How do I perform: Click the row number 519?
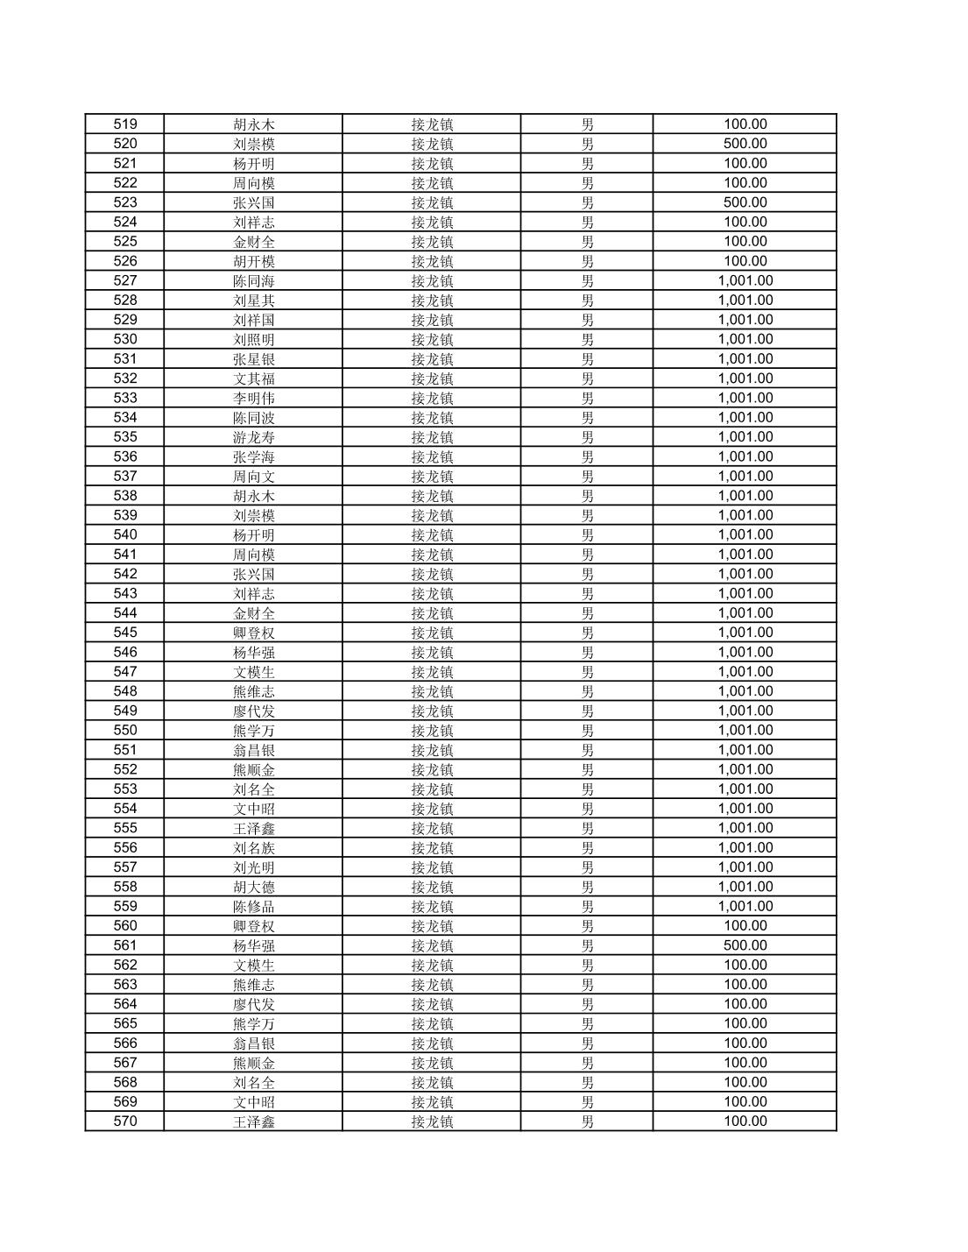tap(125, 124)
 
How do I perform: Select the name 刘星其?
tap(254, 301)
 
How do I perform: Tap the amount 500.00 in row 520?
tap(745, 144)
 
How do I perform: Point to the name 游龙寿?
tap(254, 437)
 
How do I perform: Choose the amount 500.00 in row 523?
tap(745, 202)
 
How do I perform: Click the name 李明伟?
tap(254, 398)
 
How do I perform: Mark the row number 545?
tap(125, 633)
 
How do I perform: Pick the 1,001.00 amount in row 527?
tap(745, 280)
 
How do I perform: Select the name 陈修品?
tap(254, 906)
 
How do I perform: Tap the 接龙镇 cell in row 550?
tap(432, 731)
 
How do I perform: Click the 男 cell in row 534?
tap(587, 418)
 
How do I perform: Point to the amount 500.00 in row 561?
tap(745, 945)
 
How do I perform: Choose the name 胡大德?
tap(254, 887)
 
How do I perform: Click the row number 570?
tap(125, 1121)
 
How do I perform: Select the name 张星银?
tap(254, 359)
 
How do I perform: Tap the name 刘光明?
tap(254, 867)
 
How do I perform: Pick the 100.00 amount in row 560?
tap(745, 926)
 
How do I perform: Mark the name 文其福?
tap(254, 378)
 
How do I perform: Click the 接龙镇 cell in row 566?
tap(432, 1043)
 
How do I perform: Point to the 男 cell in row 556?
tap(587, 848)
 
